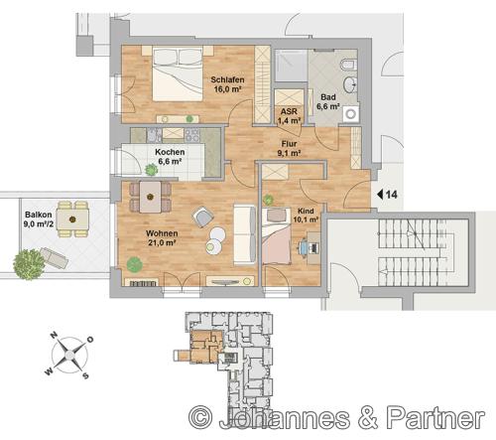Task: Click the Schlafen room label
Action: coord(227,79)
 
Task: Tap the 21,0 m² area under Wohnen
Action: coord(162,242)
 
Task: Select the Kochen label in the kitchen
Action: coord(170,152)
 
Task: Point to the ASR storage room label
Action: coord(289,111)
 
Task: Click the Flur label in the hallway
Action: coord(289,144)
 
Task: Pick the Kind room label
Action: coord(306,211)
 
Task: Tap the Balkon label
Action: coord(39,215)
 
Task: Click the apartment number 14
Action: coord(392,195)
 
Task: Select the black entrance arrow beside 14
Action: coord(380,195)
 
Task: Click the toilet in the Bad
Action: coord(348,65)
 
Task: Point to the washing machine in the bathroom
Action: coord(351,114)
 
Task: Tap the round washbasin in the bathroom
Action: coord(350,84)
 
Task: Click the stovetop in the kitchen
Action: coord(191,135)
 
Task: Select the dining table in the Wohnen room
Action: coord(151,197)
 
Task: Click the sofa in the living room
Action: coord(245,234)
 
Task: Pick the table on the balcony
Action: coord(72,220)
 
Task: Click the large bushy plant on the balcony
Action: coord(29,264)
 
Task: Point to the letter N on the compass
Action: coord(54,336)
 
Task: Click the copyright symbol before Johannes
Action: coord(200,418)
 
